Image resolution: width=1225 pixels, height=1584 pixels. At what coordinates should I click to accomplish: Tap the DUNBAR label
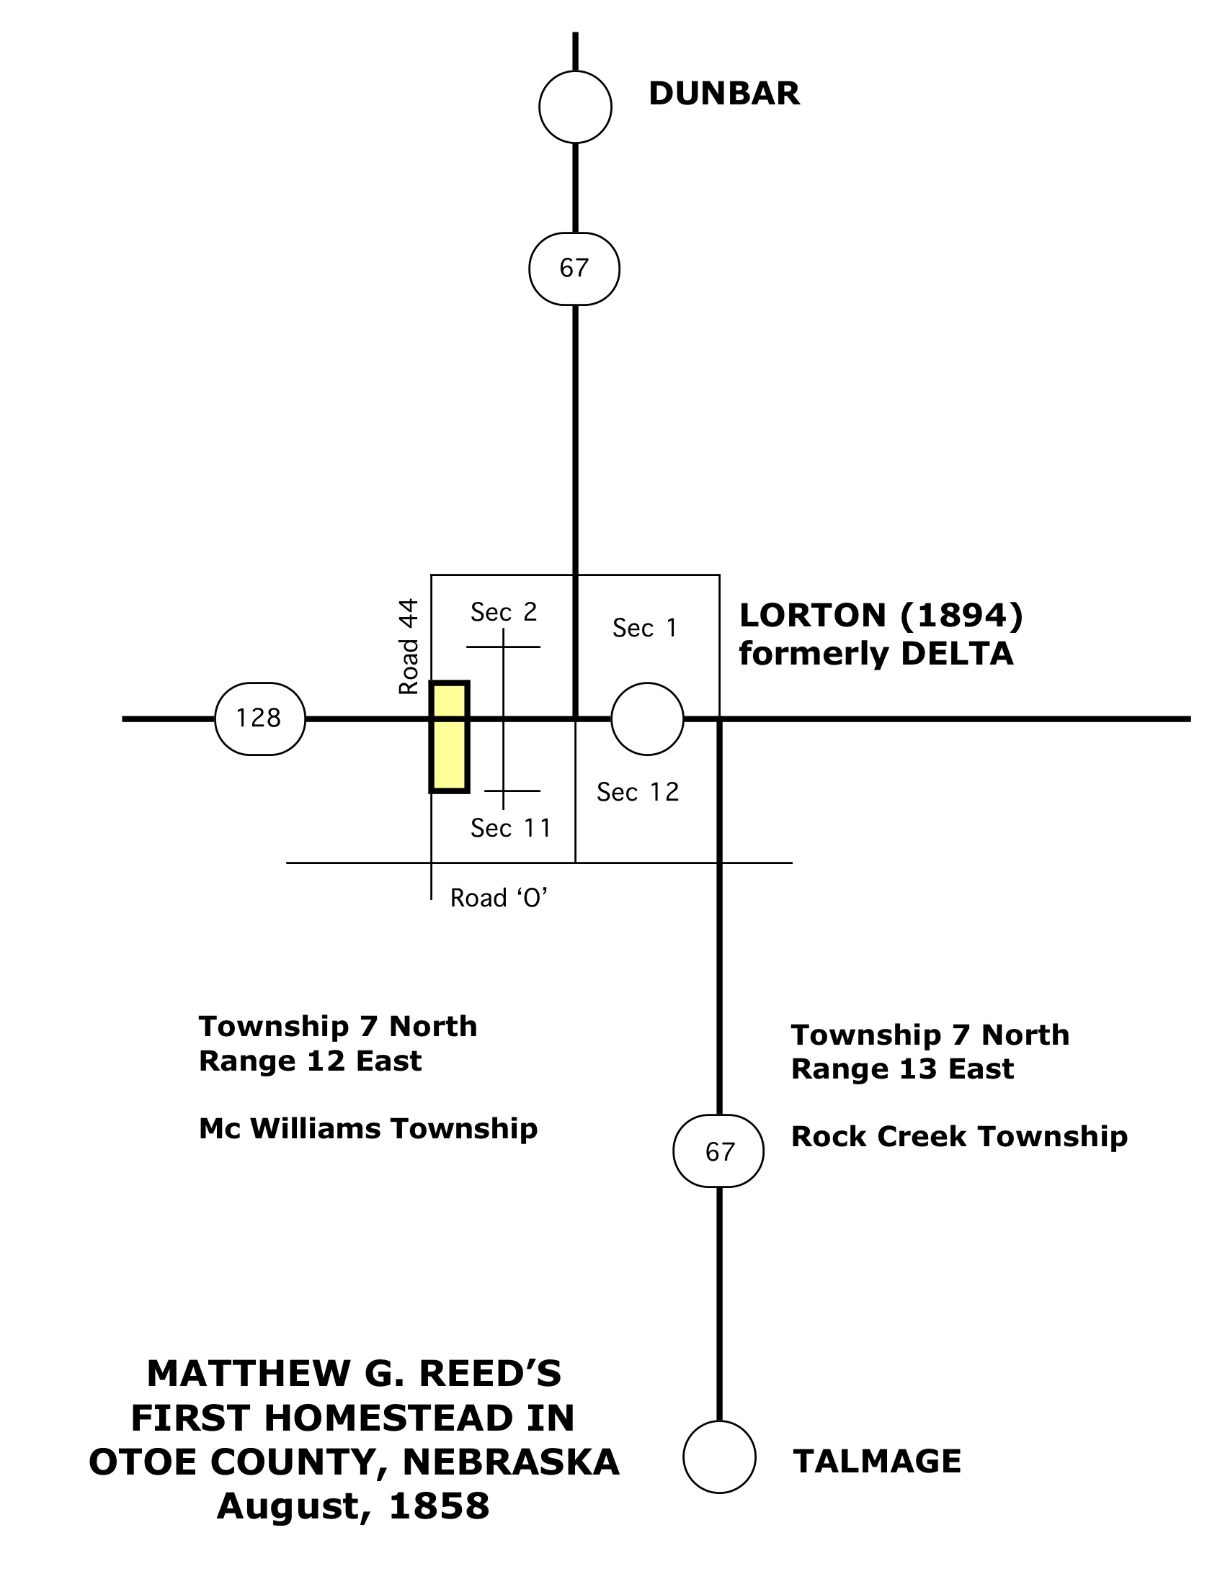click(724, 94)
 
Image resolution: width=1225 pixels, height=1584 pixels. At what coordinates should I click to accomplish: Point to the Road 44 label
click(409, 647)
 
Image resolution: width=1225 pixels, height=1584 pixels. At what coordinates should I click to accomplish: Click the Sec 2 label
click(504, 612)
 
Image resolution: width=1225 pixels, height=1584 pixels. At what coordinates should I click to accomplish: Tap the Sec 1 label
click(644, 628)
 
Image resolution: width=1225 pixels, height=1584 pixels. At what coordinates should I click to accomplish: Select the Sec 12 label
click(638, 792)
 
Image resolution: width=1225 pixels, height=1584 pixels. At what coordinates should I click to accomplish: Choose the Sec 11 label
click(511, 828)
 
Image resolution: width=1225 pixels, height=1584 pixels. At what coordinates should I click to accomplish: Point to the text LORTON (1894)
click(881, 616)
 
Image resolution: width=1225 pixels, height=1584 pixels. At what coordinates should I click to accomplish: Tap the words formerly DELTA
click(876, 654)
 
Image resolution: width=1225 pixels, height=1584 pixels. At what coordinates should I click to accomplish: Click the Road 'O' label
click(499, 898)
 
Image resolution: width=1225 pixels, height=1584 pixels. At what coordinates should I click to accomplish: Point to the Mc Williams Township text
click(369, 1129)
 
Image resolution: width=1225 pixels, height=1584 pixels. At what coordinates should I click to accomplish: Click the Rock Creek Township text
click(959, 1136)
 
